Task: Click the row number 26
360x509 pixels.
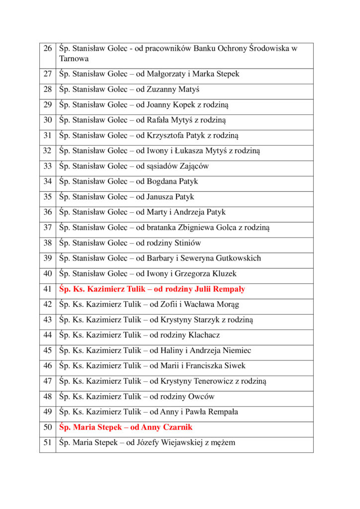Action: click(x=48, y=49)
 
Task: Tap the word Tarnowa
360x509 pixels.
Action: click(x=74, y=59)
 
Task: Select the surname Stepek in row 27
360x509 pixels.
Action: click(x=227, y=74)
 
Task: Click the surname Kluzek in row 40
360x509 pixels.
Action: click(x=223, y=274)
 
